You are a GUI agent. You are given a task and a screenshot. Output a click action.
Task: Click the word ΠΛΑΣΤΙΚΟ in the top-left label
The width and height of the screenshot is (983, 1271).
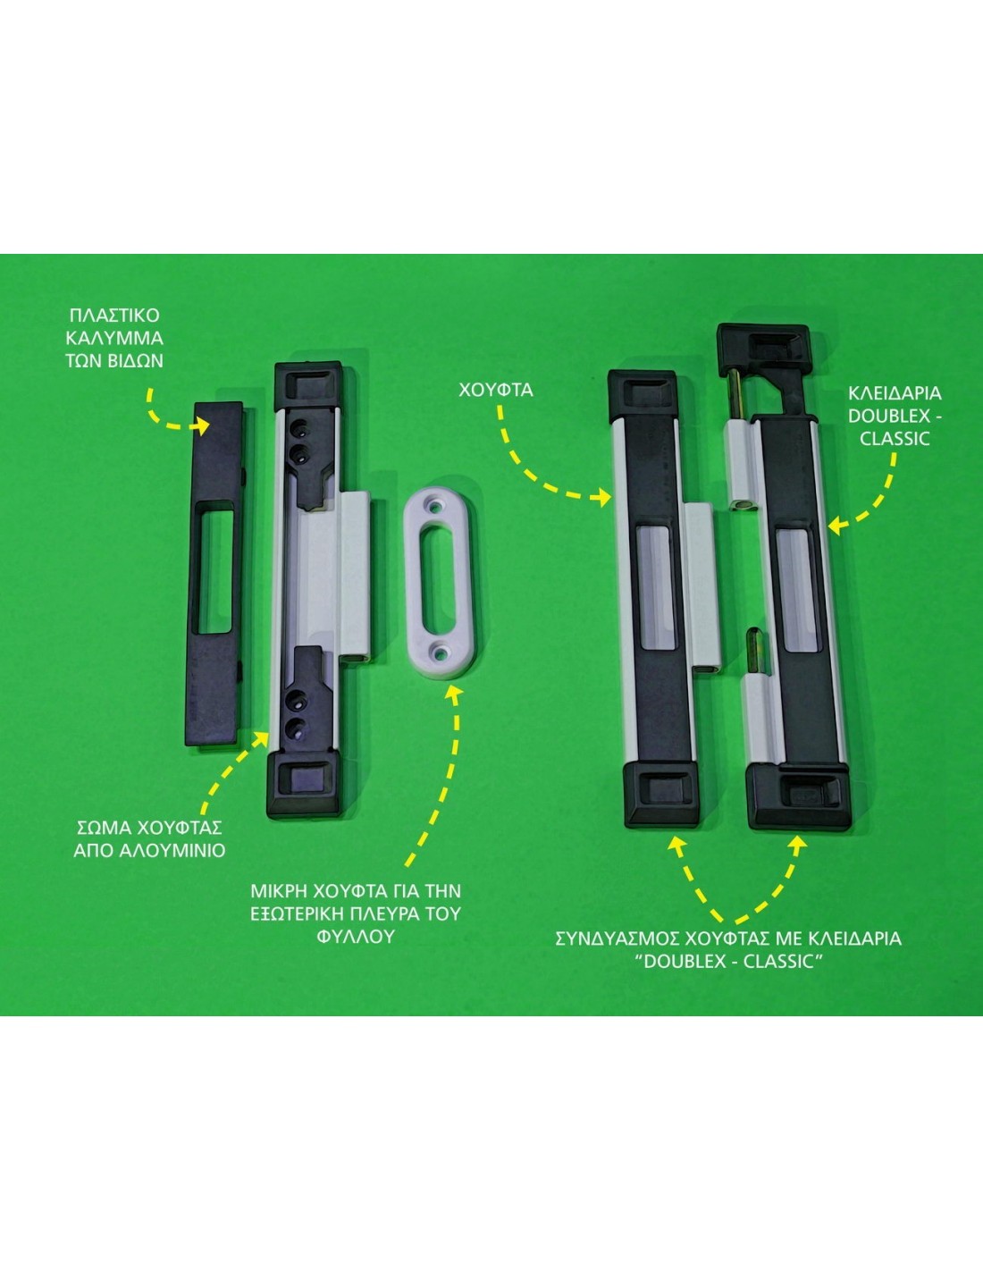114,316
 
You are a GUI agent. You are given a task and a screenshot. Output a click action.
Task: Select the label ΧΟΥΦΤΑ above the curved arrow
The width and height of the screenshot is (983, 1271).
495,390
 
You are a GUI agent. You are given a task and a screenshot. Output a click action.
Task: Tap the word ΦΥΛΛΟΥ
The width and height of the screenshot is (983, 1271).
356,937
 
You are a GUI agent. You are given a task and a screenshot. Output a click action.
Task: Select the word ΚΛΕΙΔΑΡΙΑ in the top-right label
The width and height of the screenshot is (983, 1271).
895,393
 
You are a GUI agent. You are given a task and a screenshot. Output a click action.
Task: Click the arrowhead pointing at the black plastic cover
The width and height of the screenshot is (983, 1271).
202,425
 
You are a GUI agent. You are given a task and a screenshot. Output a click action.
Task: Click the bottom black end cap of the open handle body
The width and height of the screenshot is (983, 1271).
304,787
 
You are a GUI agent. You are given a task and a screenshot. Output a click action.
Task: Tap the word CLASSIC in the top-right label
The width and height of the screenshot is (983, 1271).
895,439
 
